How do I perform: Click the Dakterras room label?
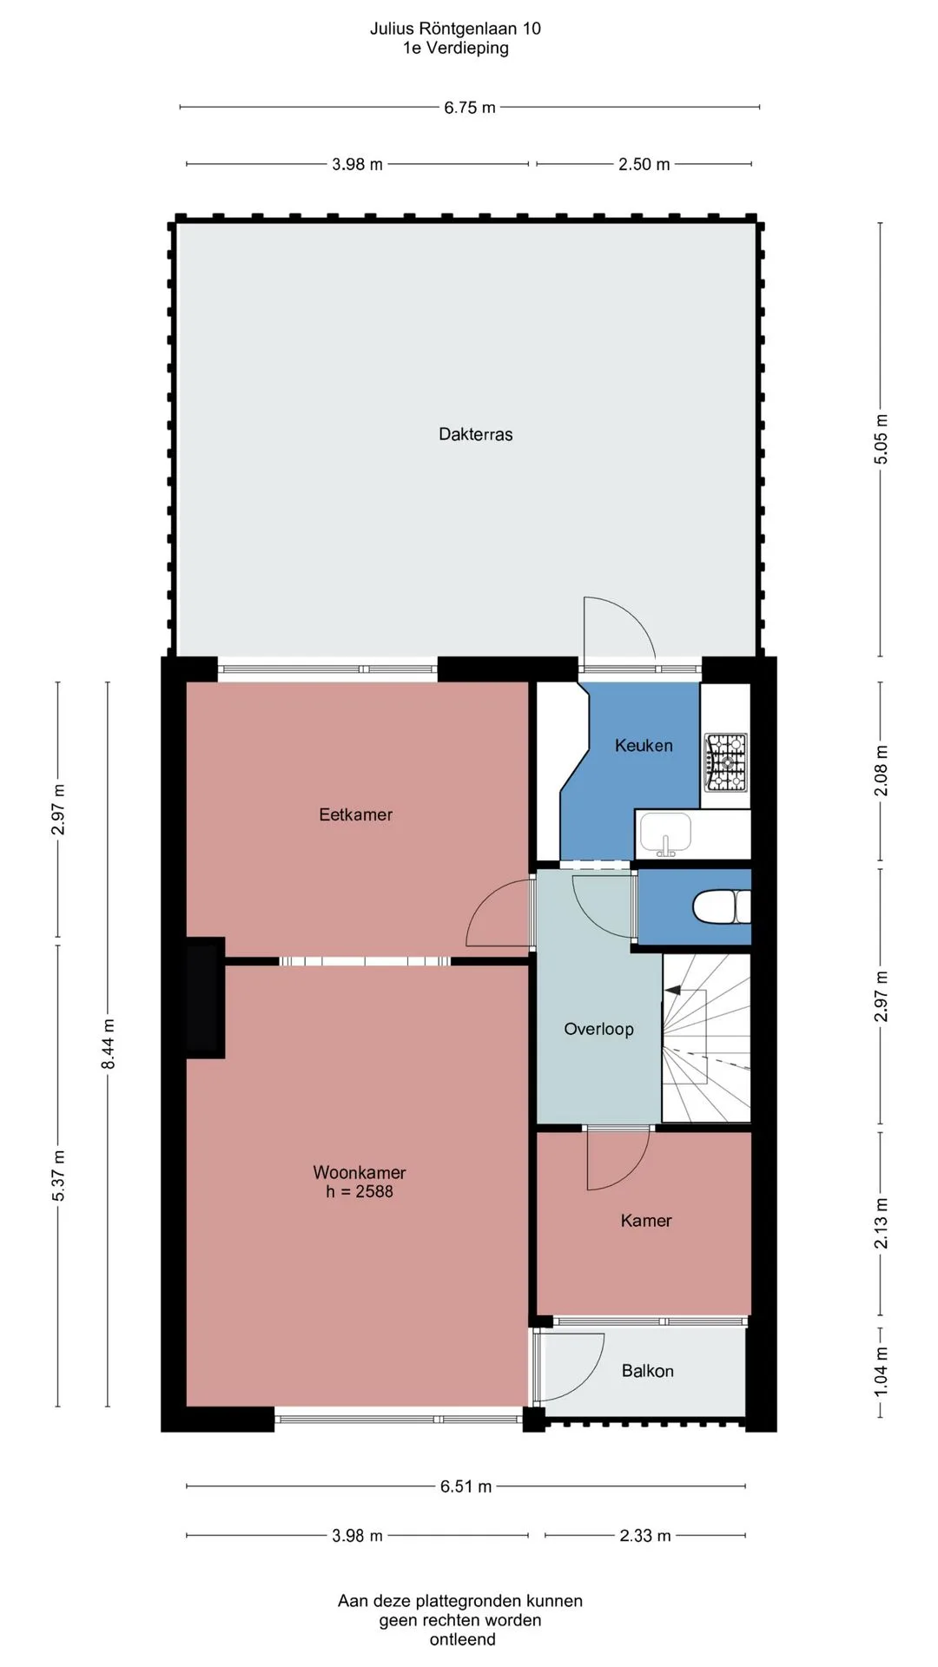click(x=475, y=434)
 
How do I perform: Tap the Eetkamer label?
click(x=355, y=814)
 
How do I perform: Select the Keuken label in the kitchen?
click(x=644, y=745)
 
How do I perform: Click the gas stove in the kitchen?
click(x=725, y=761)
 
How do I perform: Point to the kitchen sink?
click(x=665, y=834)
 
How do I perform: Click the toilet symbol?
click(x=721, y=907)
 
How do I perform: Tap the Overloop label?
click(x=598, y=1029)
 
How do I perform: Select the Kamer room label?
click(x=645, y=1221)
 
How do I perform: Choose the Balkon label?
click(x=647, y=1371)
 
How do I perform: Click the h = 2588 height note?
click(x=360, y=1192)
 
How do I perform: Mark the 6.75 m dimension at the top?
click(x=470, y=108)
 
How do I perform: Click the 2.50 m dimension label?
click(x=644, y=164)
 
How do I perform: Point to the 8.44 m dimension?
click(x=108, y=1044)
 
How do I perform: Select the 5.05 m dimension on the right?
click(x=881, y=438)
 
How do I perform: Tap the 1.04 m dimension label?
click(x=881, y=1372)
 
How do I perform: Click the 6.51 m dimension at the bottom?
click(x=466, y=1486)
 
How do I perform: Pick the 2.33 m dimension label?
click(x=644, y=1536)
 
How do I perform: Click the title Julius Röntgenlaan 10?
click(x=455, y=29)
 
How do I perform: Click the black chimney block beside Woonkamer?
click(x=205, y=998)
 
